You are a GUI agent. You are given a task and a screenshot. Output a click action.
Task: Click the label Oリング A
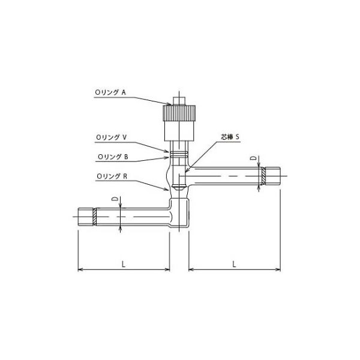tap(110, 92)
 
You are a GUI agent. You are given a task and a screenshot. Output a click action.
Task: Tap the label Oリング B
tap(113, 157)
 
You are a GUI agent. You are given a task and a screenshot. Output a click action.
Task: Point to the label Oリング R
tap(112, 176)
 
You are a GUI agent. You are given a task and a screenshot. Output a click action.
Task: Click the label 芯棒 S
tap(230, 137)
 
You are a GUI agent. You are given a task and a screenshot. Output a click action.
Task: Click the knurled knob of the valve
tap(179, 113)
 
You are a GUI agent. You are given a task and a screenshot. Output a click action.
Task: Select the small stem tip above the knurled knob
tap(179, 101)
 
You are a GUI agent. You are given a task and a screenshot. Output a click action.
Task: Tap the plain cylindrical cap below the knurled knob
tap(179, 131)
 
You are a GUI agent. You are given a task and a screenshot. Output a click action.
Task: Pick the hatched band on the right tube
tap(264, 176)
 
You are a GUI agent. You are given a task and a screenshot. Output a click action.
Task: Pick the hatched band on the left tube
tap(94, 217)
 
